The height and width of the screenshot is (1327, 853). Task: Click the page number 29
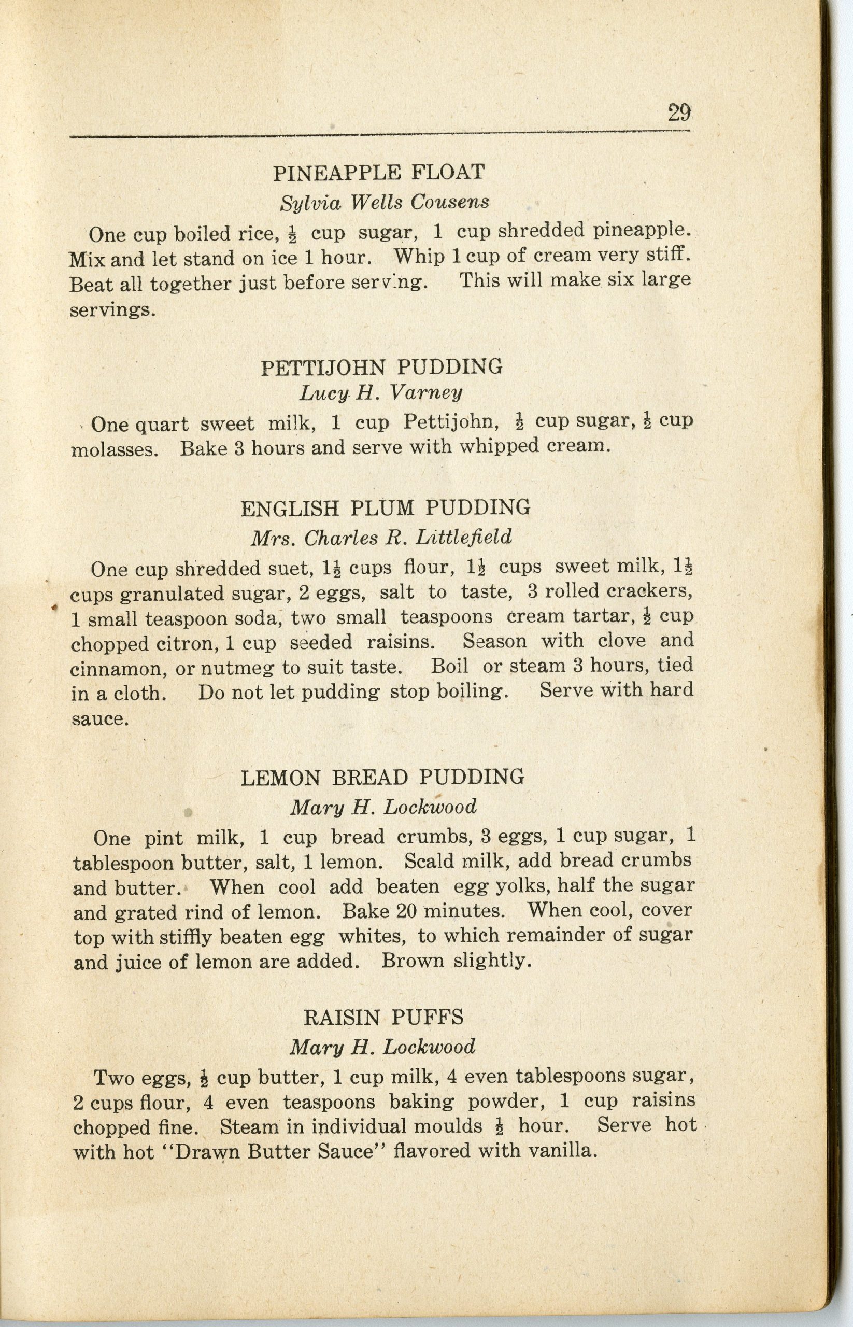(x=678, y=113)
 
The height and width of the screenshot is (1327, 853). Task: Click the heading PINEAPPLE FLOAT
(x=379, y=173)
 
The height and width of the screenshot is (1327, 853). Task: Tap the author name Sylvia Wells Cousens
(x=385, y=203)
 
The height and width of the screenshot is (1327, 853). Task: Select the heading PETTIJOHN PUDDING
(x=382, y=367)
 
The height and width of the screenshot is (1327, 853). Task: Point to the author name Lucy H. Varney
(x=380, y=393)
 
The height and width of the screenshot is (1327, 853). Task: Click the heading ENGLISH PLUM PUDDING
(x=386, y=508)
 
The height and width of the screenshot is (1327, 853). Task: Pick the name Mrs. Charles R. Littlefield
(x=381, y=537)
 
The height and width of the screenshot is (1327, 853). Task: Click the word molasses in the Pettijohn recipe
(x=115, y=449)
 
